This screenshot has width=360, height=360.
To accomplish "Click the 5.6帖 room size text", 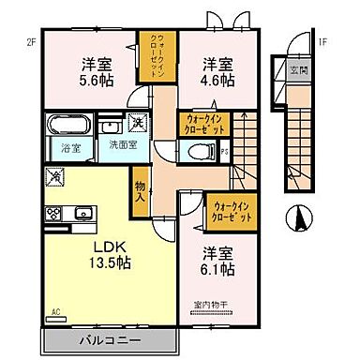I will [91, 82].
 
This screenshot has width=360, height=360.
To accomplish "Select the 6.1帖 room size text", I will [218, 270].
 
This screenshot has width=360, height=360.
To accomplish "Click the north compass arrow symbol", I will [302, 217].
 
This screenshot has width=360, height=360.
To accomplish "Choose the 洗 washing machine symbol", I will [137, 124].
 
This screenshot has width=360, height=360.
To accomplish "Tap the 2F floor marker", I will [30, 40].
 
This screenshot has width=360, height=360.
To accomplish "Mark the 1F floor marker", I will [322, 41].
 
